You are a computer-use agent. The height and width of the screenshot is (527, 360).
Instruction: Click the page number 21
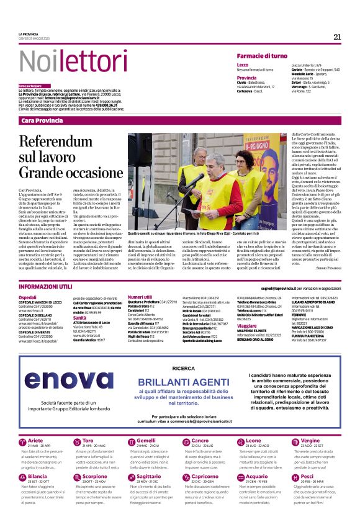click(337, 37)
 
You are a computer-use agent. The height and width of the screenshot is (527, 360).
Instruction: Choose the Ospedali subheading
click(27, 298)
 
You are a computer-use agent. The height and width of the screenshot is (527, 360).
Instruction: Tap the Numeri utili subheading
click(140, 298)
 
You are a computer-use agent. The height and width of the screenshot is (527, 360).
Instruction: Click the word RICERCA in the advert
click(183, 367)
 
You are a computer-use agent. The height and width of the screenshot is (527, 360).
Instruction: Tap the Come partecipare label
click(30, 86)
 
